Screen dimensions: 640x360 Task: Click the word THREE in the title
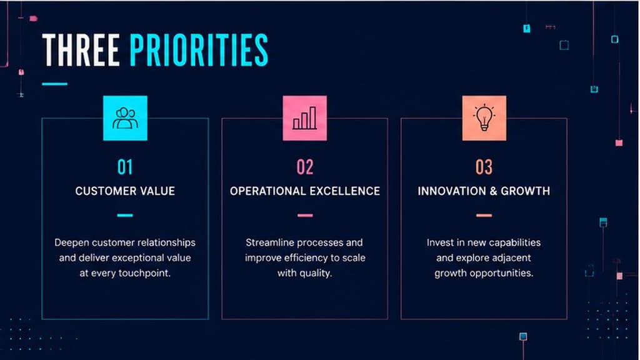pos(81,50)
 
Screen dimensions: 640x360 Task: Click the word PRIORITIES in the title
pos(199,50)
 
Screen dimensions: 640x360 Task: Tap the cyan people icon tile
pos(125,118)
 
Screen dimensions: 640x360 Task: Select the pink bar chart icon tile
pos(305,118)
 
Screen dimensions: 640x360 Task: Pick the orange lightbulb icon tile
pos(484,118)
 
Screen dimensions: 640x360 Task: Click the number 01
pos(125,167)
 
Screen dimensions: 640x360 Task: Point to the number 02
pos(305,167)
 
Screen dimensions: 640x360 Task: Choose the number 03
pos(484,167)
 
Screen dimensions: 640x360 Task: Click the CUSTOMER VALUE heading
pos(125,191)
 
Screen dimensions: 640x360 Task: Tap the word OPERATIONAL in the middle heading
pos(267,191)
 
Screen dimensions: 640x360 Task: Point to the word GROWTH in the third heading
pos(525,191)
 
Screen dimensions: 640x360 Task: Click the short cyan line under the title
pos(55,84)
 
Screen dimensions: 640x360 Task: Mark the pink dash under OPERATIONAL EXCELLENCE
pos(305,215)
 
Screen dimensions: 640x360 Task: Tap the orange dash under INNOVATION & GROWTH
pos(484,215)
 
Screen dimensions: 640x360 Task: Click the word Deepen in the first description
pos(72,243)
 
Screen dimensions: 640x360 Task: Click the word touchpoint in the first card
pos(144,274)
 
